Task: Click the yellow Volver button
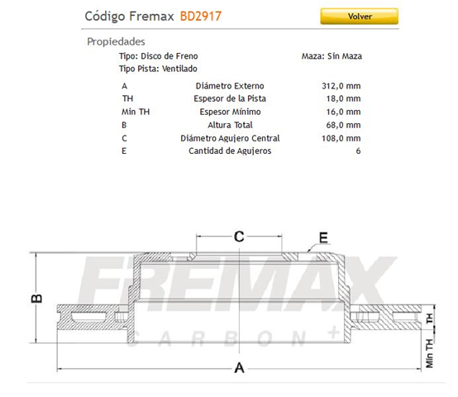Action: pos(359,16)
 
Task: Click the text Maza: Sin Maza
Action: pos(332,56)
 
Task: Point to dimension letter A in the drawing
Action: pos(239,368)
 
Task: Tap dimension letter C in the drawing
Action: pos(238,237)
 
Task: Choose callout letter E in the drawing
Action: pos(323,238)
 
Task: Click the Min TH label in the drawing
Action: pos(430,352)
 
